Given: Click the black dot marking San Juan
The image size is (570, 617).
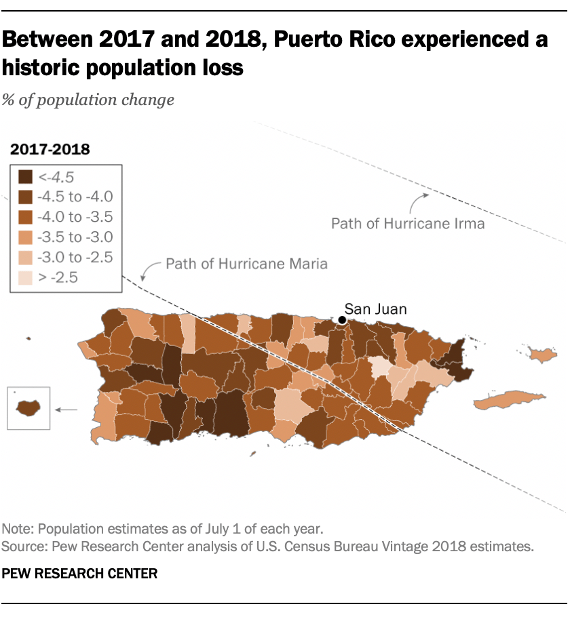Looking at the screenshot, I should click(343, 320).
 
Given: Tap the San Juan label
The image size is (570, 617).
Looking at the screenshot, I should click(376, 309).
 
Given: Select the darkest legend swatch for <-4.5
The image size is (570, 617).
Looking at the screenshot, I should click(26, 178).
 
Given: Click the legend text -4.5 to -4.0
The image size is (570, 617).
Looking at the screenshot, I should click(76, 197).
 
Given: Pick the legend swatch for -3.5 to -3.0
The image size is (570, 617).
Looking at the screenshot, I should click(26, 237).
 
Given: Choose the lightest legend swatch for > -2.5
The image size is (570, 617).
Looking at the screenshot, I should click(26, 277).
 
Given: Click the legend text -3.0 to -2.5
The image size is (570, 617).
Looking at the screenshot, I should click(76, 257).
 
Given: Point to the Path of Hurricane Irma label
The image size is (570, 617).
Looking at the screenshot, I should click(408, 223).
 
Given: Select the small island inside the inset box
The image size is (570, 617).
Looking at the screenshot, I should click(28, 408).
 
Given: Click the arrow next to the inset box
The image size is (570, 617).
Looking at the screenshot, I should click(66, 410).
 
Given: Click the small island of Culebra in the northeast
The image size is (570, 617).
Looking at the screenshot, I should click(541, 354).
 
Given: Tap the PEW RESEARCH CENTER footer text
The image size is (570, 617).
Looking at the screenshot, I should click(79, 574).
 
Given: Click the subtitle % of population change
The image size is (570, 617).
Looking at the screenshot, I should click(88, 100).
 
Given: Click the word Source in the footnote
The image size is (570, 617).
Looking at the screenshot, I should click(20, 545).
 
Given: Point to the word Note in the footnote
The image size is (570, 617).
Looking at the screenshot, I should click(16, 528).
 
